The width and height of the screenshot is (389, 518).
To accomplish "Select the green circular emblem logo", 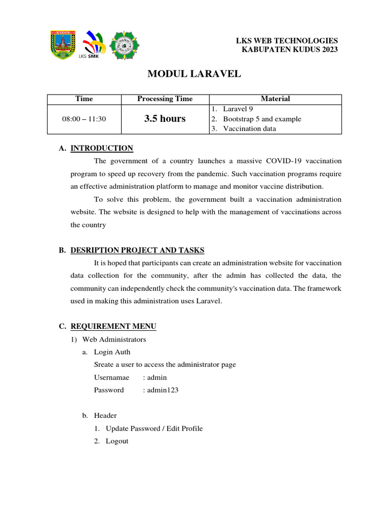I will [125, 45].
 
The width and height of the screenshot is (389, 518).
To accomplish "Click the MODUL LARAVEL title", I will [194, 74].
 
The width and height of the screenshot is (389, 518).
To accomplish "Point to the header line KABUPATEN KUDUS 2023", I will [290, 49].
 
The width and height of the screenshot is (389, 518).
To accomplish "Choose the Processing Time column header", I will [165, 99].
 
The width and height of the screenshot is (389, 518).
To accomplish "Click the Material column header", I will [275, 99].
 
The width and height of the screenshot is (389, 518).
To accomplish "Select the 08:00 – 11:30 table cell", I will [84, 119].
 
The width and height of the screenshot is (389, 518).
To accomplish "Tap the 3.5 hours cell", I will [165, 119].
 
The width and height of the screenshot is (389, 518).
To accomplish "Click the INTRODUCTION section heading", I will [102, 148].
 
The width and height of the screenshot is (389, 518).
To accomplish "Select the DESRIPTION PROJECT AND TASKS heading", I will [137, 250].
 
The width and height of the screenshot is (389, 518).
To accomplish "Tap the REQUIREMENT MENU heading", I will [113, 326].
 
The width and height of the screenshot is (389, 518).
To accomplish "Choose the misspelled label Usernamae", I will [112, 377].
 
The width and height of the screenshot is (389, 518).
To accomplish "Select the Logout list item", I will [117, 441].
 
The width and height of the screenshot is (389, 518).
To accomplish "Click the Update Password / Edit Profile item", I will [154, 428].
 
